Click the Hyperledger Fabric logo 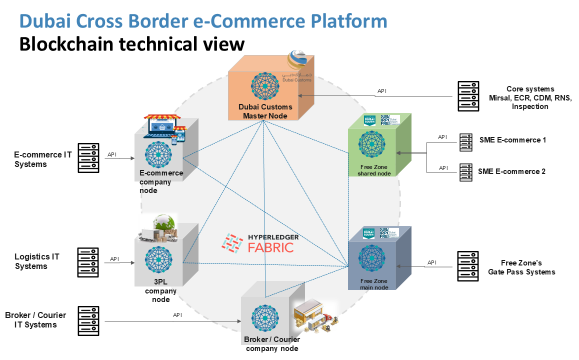pos(258,243)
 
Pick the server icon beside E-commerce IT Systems pos(88,158)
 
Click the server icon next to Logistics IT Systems pos(88,262)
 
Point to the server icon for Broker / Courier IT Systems pos(88,321)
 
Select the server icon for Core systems pos(468,96)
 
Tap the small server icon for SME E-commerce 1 pos(465,142)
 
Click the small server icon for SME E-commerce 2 pos(465,172)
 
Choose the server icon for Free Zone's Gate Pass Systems pos(468,266)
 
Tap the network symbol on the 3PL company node pos(158,259)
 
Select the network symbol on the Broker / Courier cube pos(265,318)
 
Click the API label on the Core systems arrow pos(382,91)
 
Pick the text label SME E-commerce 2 pos(511,171)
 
